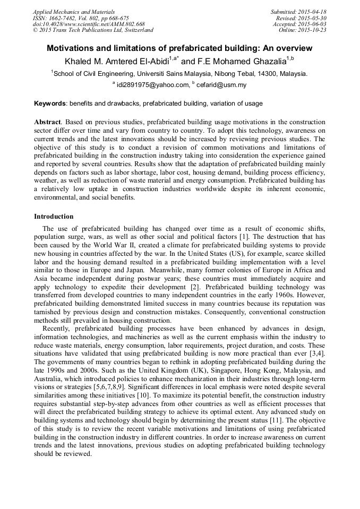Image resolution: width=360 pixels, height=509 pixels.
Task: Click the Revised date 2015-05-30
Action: (x=313, y=18)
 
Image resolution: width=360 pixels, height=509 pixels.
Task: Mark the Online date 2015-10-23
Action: (x=313, y=30)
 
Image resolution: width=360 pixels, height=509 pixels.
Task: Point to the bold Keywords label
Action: (x=50, y=103)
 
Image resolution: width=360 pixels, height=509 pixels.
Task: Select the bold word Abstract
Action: (x=47, y=122)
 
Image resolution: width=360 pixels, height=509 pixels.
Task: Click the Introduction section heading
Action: (x=54, y=217)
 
